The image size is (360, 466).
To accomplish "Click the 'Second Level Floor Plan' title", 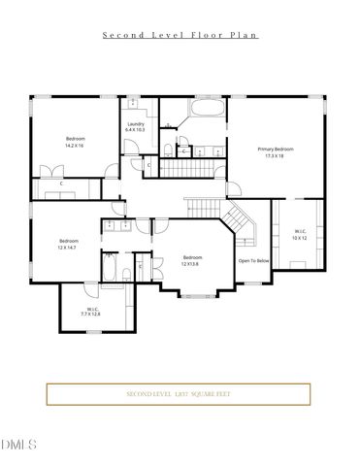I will click(x=180, y=34).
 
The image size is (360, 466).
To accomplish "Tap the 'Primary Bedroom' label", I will click(x=275, y=149).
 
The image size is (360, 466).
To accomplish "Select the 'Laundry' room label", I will click(x=136, y=124).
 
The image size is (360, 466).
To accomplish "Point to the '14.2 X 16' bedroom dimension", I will click(x=75, y=147).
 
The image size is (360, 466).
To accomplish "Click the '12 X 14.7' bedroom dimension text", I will click(x=67, y=248).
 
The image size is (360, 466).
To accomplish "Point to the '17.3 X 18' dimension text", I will click(x=275, y=155).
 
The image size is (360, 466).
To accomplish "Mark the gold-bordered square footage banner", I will click(x=180, y=395).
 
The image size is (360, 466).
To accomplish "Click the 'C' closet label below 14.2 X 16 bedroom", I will click(x=61, y=183).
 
